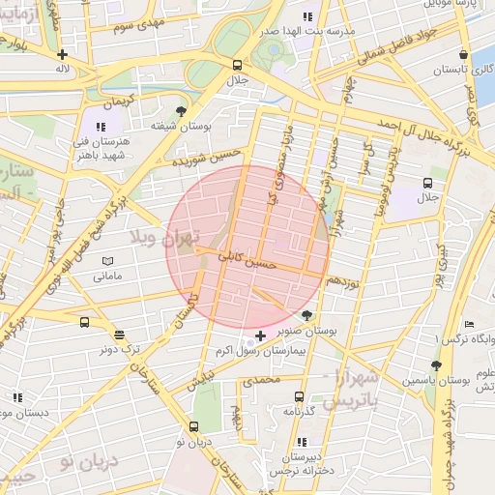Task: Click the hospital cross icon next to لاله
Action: [63, 55]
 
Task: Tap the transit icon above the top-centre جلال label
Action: [237, 65]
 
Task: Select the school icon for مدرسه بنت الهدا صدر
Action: [307, 16]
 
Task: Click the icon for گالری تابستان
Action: [465, 55]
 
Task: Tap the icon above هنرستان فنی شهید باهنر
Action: [100, 126]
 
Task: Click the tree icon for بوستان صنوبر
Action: [307, 315]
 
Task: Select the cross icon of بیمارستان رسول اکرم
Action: [260, 335]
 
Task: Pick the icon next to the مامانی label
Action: [106, 262]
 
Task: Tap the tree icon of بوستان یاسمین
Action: [436, 365]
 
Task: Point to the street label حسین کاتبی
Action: [249, 261]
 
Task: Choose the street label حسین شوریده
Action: [205, 160]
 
